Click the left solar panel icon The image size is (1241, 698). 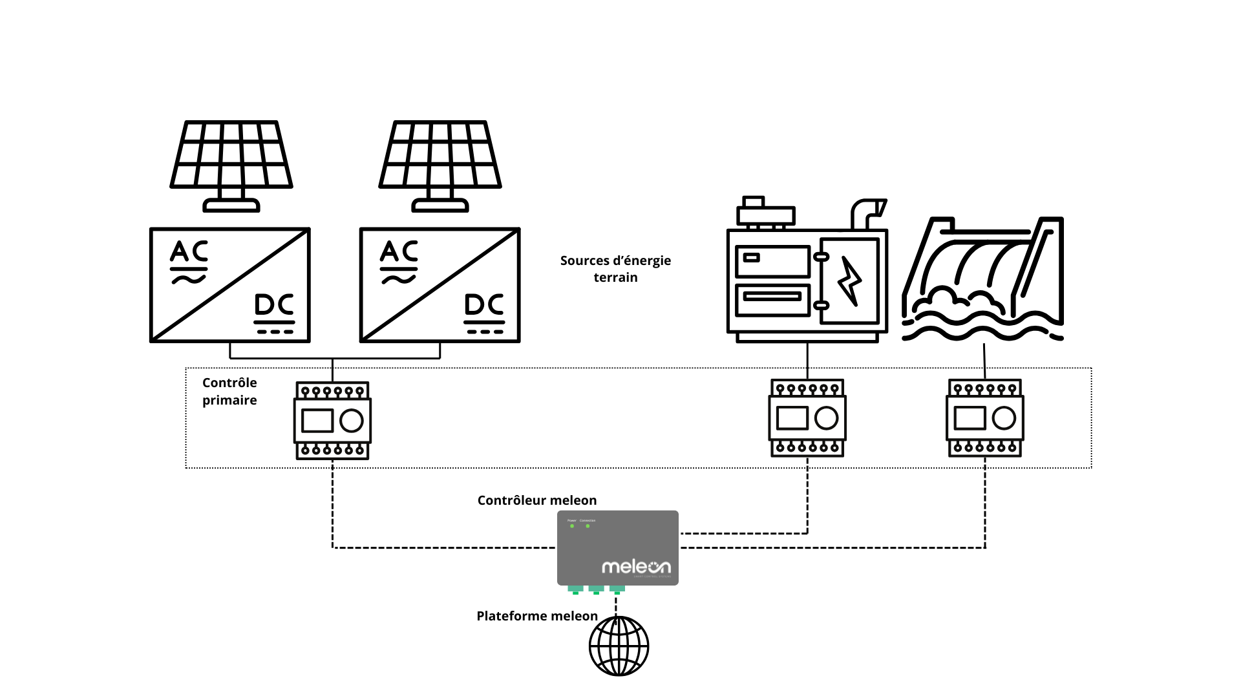point(231,165)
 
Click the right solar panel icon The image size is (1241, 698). point(440,165)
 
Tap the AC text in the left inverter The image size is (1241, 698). point(189,251)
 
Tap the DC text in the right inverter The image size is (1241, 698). point(484,304)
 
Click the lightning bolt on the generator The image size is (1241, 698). point(849,281)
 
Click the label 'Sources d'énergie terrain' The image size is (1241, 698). point(615,269)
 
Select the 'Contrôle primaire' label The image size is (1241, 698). point(229,392)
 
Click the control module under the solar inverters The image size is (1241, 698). point(333,421)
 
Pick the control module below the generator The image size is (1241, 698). point(807,418)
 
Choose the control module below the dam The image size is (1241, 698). point(985,418)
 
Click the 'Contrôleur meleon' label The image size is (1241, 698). point(537,500)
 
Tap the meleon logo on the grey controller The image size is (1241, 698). point(636,567)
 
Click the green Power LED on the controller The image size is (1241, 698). point(572,526)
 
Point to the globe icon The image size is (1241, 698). point(619,646)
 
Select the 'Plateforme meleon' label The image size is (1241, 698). point(537,616)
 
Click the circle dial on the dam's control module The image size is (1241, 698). point(1004,418)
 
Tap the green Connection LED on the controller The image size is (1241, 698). point(588,526)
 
